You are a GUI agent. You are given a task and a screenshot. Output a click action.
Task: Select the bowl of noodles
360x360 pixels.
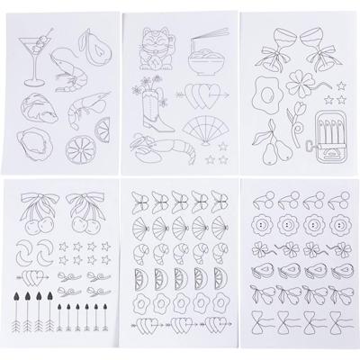pos(206,67)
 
